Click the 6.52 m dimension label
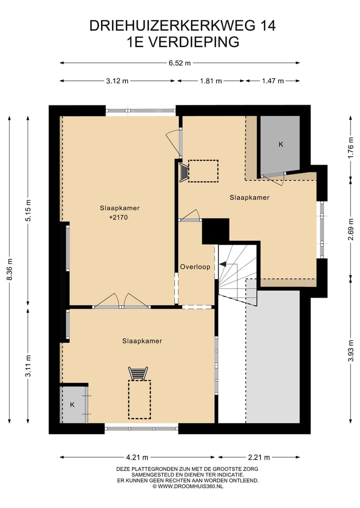tap(179, 63)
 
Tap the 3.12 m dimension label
tap(117, 81)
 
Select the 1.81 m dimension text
tap(211, 81)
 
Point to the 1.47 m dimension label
tap(273, 81)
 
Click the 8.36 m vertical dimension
tap(9, 270)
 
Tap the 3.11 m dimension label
tap(28, 366)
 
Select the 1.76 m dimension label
tap(350, 148)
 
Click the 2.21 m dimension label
tap(259, 458)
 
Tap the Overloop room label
tap(195, 267)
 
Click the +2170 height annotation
tap(118, 217)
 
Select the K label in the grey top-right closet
tap(281, 144)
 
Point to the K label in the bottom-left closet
tap(72, 405)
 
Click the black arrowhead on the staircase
tap(223, 264)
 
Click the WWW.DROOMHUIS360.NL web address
tap(190, 487)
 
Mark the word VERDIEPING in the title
tap(194, 42)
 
